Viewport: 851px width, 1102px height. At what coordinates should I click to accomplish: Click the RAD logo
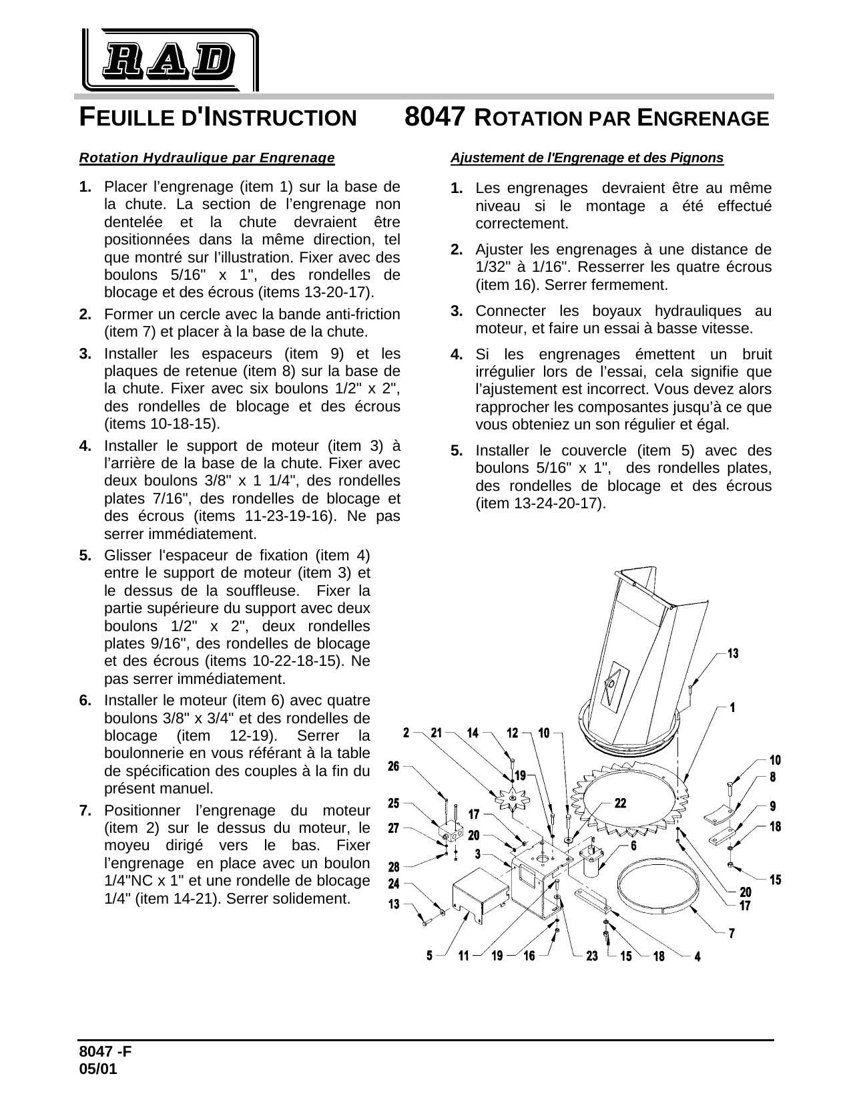170,60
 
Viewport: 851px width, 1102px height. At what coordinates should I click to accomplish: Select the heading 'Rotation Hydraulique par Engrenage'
207,158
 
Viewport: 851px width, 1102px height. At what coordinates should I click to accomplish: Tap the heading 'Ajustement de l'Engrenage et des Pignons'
587,158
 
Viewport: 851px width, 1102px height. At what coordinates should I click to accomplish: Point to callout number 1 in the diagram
733,706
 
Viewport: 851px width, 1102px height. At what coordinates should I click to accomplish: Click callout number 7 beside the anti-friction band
732,933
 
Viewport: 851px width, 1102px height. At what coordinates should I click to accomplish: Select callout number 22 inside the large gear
620,803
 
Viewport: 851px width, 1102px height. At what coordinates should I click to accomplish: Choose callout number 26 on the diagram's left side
394,766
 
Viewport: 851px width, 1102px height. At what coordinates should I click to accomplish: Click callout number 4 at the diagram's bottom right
697,956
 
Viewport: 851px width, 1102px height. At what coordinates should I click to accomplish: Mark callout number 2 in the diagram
406,733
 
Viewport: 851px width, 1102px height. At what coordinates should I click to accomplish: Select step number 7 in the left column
85,811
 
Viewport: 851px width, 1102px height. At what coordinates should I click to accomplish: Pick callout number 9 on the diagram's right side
773,805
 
